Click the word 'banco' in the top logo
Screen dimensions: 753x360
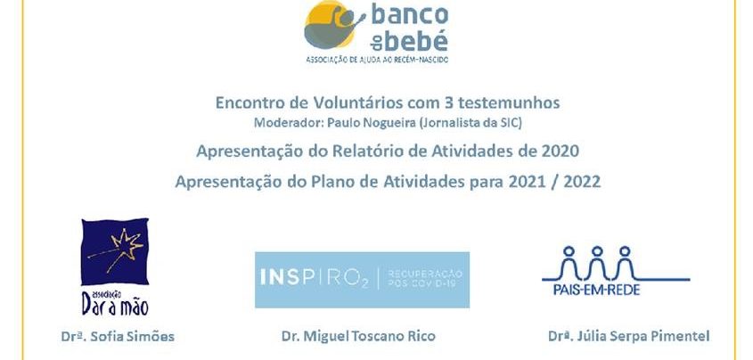pyautogui.click(x=410, y=15)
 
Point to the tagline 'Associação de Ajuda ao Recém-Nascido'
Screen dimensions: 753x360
pyautogui.click(x=377, y=60)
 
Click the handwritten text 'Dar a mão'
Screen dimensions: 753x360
pyautogui.click(x=115, y=305)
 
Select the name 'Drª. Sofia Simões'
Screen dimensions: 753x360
pyautogui.click(x=118, y=337)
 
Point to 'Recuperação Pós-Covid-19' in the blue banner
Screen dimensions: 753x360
pyautogui.click(x=424, y=278)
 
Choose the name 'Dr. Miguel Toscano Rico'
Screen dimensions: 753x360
pyautogui.click(x=359, y=336)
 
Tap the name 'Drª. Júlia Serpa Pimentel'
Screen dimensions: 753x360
pyautogui.click(x=628, y=337)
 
